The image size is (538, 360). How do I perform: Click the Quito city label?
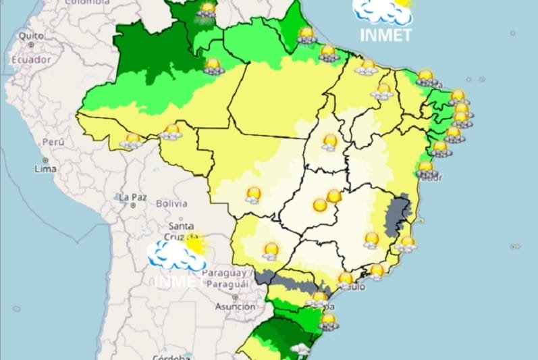point(30,35)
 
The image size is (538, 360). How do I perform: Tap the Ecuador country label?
point(30,59)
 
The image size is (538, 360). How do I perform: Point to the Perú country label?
point(53,142)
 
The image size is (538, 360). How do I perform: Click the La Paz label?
point(132,197)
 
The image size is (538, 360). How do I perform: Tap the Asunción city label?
point(235,306)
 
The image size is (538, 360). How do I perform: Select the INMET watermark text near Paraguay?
point(177,280)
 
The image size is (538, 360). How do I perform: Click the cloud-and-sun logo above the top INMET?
point(383,9)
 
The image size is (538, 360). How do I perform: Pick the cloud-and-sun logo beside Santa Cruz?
point(177,252)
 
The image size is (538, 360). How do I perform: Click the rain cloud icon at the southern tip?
point(300,350)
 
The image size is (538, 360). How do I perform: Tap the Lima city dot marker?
point(45,160)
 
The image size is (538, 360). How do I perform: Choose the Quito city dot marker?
point(31,44)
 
